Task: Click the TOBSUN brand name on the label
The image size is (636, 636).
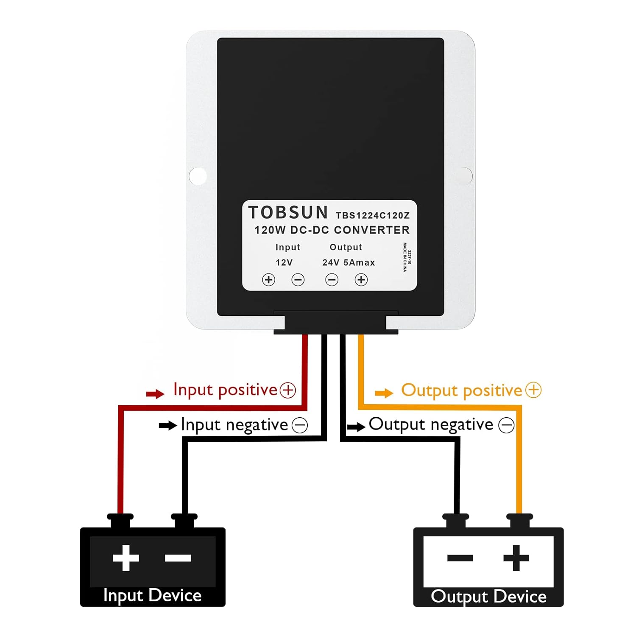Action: [288, 212]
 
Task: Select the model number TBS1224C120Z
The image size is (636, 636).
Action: [373, 215]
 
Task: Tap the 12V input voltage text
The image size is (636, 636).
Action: [284, 263]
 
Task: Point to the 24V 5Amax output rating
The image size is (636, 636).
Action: [349, 263]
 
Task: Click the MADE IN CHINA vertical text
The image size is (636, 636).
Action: [405, 257]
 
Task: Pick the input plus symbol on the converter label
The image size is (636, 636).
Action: [268, 280]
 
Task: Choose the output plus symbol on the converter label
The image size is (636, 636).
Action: [361, 280]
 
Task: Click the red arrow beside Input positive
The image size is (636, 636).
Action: [155, 394]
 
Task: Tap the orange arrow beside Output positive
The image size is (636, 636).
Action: [384, 393]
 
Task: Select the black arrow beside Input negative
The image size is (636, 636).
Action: [167, 425]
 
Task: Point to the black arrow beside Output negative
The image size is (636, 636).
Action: [356, 427]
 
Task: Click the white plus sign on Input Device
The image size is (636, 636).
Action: [126, 558]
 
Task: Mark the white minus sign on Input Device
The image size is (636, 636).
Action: [178, 558]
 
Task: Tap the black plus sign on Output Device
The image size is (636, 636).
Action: [516, 558]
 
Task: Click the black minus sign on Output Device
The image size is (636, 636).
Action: [460, 558]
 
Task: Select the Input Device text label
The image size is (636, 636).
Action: [152, 596]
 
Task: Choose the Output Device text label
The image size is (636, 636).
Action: [488, 597]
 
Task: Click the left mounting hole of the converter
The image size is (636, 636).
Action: [198, 176]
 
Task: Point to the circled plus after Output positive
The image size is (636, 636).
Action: [533, 390]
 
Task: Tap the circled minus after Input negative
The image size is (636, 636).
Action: [300, 425]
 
